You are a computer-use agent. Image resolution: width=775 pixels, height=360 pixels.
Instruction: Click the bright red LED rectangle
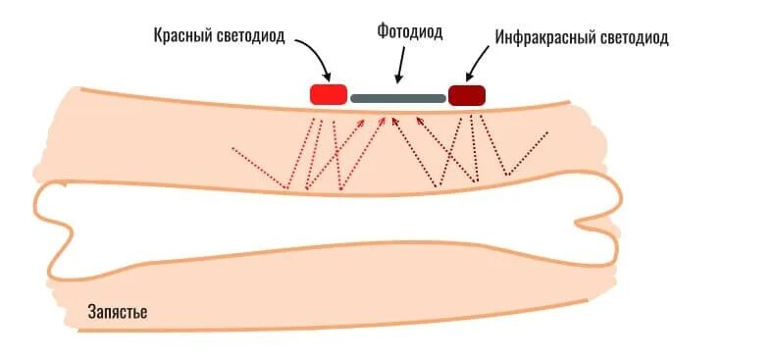click(328, 94)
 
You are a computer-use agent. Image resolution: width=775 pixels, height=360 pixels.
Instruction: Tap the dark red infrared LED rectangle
click(467, 95)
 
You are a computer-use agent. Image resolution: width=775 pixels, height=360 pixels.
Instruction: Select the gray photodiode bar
click(397, 98)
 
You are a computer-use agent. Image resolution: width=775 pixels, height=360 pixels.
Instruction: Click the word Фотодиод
click(409, 32)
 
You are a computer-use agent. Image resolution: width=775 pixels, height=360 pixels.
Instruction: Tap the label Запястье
click(118, 312)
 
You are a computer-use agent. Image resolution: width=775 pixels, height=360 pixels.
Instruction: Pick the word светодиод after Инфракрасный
click(634, 38)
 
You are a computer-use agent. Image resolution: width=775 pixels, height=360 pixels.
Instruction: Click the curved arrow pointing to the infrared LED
click(484, 61)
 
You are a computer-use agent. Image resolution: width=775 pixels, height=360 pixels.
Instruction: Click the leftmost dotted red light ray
click(257, 167)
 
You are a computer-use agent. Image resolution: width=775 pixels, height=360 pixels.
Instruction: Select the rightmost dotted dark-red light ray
click(530, 152)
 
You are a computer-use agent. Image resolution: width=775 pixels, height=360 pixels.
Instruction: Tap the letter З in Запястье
click(92, 312)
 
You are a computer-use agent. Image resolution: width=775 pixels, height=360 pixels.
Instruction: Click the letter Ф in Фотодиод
click(383, 32)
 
